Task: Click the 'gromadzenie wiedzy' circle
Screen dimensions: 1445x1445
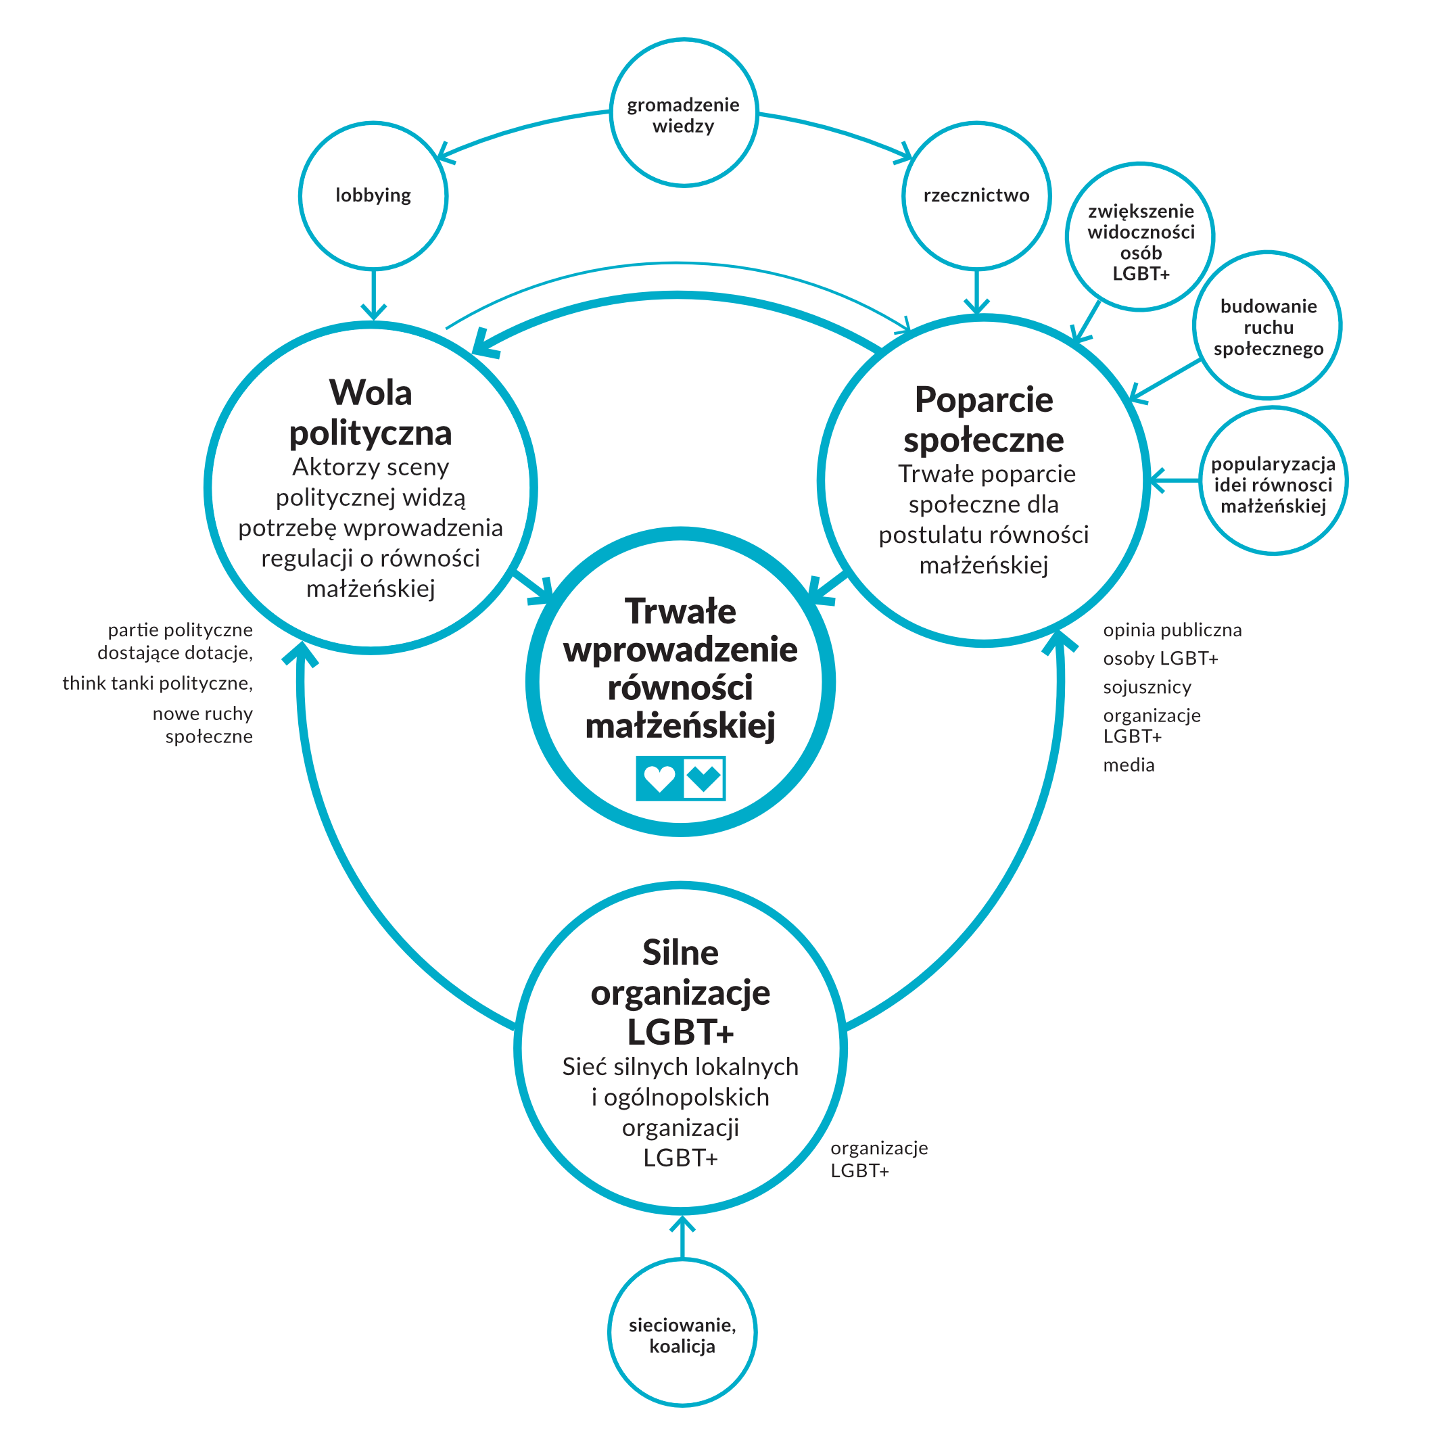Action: click(684, 113)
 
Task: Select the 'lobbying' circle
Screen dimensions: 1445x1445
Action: click(373, 195)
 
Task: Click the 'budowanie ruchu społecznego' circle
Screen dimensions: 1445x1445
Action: click(1268, 326)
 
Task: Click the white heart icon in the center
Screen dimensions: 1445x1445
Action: click(659, 778)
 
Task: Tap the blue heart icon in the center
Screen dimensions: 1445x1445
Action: click(704, 778)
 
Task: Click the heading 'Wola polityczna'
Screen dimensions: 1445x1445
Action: click(371, 413)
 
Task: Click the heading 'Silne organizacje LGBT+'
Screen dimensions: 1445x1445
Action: click(681, 993)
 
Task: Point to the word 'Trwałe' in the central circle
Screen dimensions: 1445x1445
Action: click(681, 611)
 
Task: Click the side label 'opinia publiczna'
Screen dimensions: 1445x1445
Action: click(1172, 630)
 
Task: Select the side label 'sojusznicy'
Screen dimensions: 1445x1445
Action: click(1147, 688)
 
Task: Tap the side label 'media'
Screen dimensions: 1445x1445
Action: click(1129, 765)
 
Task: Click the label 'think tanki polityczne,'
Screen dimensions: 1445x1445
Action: click(158, 684)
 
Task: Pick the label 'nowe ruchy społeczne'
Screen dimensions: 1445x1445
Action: click(204, 725)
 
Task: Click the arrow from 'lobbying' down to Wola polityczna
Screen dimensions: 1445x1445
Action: click(373, 294)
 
